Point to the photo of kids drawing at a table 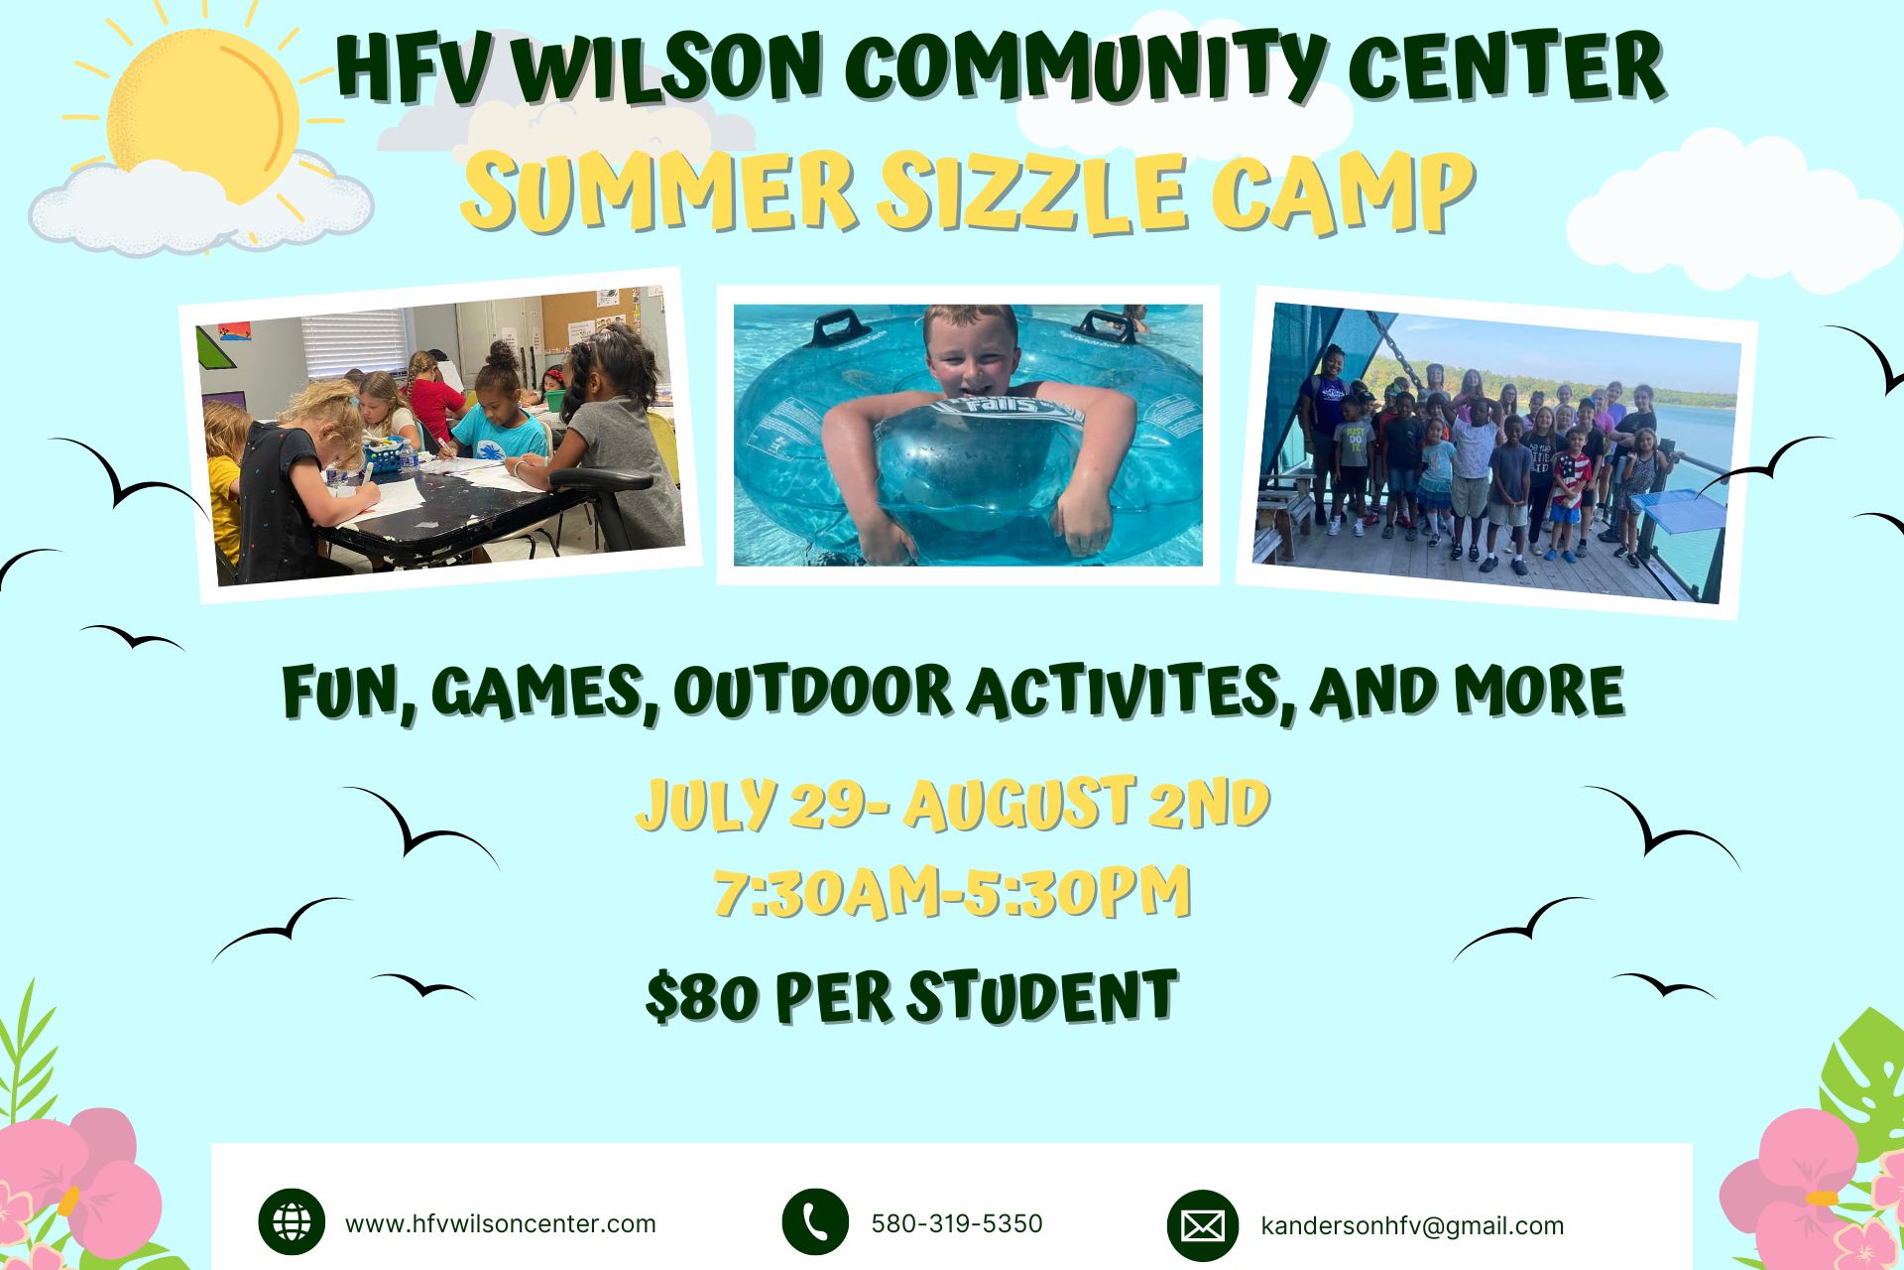click(x=439, y=435)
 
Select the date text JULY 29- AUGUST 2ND click(x=952, y=805)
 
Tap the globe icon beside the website click(x=292, y=1222)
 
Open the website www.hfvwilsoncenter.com click(x=501, y=1223)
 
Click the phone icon click(x=815, y=1222)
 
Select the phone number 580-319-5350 click(x=957, y=1223)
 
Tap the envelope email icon click(x=1202, y=1225)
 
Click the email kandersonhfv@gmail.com click(x=1412, y=1226)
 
